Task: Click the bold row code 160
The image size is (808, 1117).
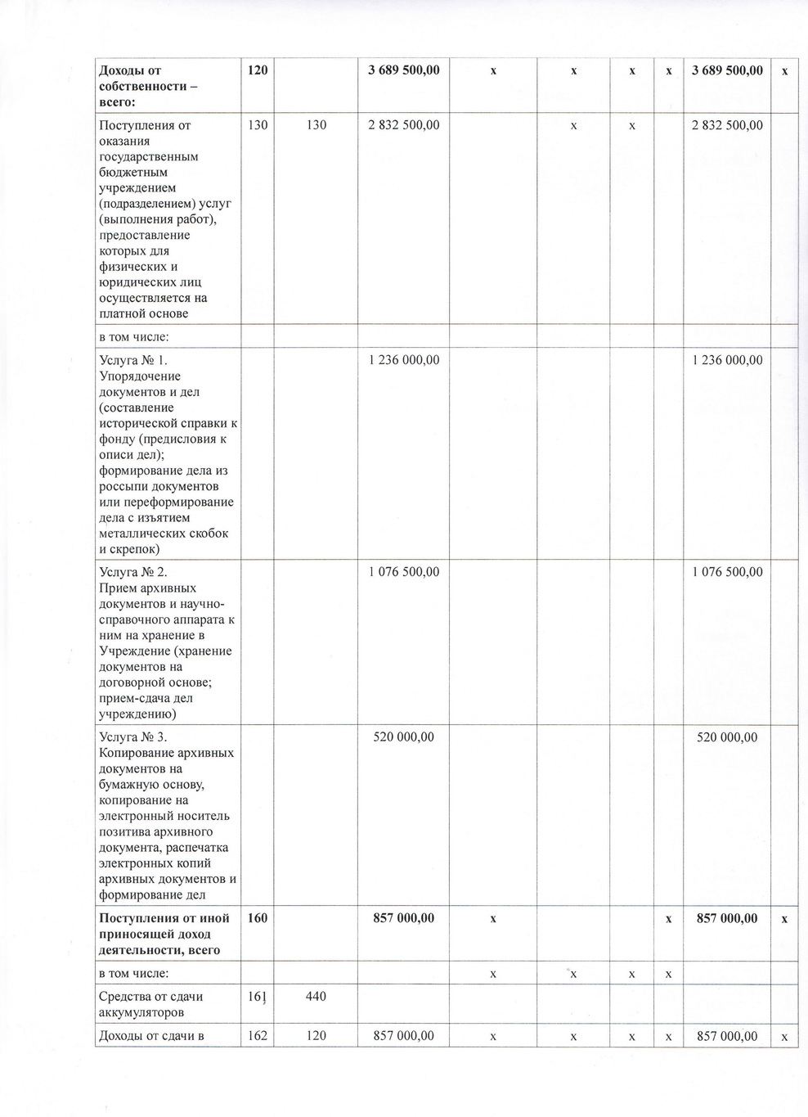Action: [x=258, y=918]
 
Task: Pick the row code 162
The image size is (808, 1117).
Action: [x=258, y=1035]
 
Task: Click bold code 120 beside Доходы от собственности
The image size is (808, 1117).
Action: [x=258, y=70]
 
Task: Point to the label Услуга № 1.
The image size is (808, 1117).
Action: [x=133, y=360]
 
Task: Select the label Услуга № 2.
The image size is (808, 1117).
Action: [x=133, y=572]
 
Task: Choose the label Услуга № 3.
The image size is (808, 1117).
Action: [x=133, y=737]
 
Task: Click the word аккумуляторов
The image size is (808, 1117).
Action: [x=139, y=1012]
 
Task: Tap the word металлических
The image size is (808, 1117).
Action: [x=142, y=534]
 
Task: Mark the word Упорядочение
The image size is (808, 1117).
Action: [x=140, y=376]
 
